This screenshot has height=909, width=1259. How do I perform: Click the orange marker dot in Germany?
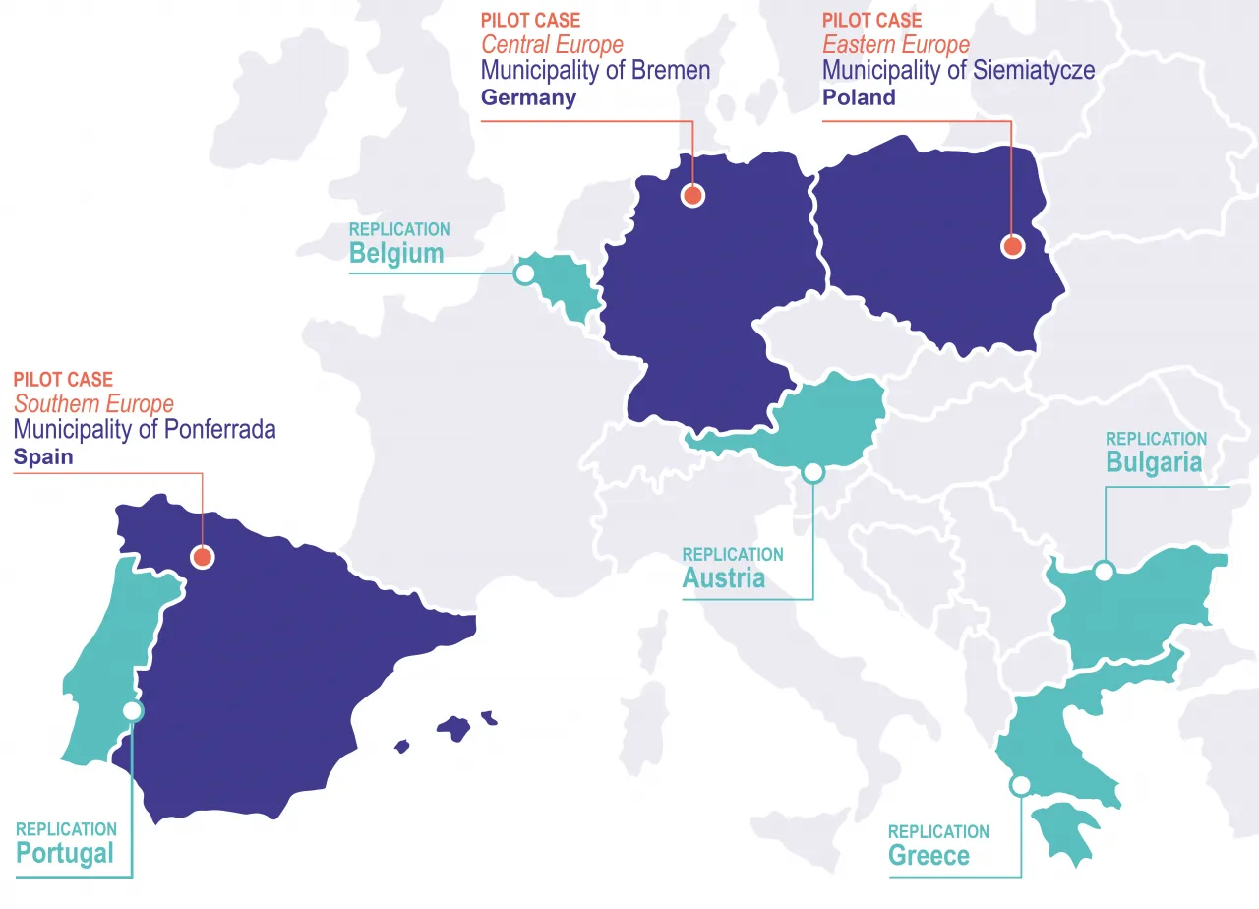(693, 195)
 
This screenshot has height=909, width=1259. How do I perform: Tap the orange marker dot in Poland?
(1012, 246)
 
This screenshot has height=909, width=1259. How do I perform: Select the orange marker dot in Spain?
(203, 557)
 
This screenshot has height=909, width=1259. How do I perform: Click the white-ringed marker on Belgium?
(525, 273)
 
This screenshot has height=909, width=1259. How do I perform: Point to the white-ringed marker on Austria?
(812, 473)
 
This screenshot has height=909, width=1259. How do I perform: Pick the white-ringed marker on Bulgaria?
(1105, 571)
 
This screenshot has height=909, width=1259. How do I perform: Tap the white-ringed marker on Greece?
(1020, 785)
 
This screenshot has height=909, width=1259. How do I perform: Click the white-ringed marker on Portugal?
(132, 711)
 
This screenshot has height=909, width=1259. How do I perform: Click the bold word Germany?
(528, 97)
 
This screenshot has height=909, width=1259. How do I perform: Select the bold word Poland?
(859, 97)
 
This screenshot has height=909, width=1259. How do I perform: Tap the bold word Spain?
(42, 457)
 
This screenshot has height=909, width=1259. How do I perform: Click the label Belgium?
(396, 254)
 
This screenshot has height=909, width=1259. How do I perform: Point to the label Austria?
(723, 578)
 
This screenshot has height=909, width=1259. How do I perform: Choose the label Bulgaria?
(1153, 462)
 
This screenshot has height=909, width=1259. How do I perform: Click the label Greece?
(929, 856)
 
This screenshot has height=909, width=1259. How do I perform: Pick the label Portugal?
(65, 854)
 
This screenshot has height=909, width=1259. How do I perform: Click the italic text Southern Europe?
(93, 404)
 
